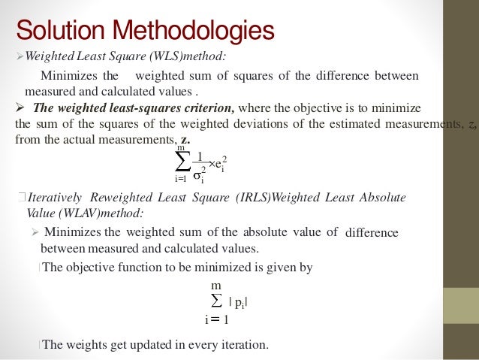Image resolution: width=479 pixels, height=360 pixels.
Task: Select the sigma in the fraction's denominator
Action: click(199, 178)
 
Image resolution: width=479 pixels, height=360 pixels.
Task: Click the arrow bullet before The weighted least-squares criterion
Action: click(20, 108)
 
